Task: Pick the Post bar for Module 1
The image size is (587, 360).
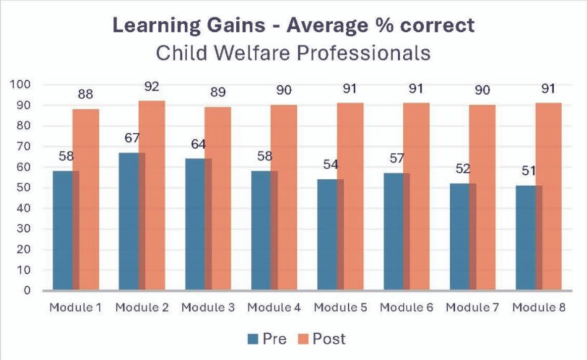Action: coord(86,199)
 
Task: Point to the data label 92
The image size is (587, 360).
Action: coord(151,86)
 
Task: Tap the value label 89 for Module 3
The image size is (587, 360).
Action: coord(218,93)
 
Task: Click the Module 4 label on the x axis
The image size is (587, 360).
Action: coord(274,307)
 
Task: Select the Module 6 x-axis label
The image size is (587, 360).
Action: coord(406,307)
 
